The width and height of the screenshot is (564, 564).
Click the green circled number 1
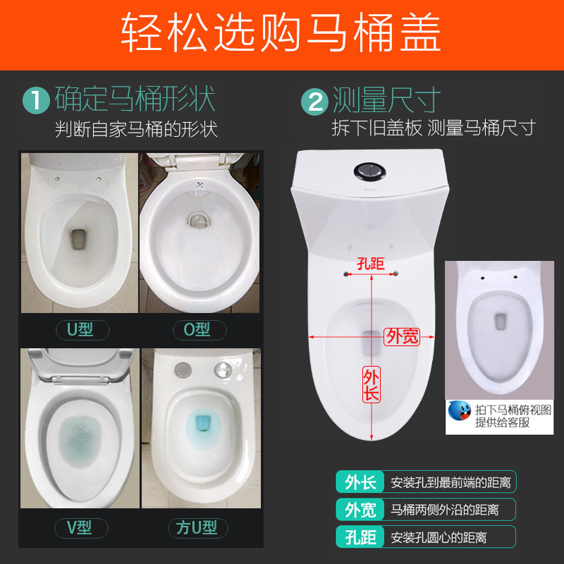[36, 100]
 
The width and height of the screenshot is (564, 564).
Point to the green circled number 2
[314, 100]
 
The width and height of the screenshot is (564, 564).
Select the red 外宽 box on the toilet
[402, 336]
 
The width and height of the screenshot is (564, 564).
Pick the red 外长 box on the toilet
[372, 385]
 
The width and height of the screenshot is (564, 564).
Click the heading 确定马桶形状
[135, 99]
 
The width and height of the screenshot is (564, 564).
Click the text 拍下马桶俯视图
[513, 410]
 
